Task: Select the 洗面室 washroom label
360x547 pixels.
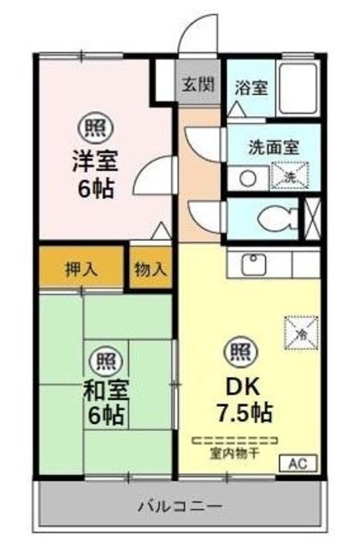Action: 274,145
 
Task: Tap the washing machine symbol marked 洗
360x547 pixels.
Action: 285,174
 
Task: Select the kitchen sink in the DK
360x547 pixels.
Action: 254,263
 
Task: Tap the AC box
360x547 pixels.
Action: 298,464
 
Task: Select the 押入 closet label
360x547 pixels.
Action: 82,268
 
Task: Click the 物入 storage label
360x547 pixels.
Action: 150,268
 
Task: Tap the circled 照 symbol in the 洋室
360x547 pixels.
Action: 93,129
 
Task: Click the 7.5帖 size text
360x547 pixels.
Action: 244,413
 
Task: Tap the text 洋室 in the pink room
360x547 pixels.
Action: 95,159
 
